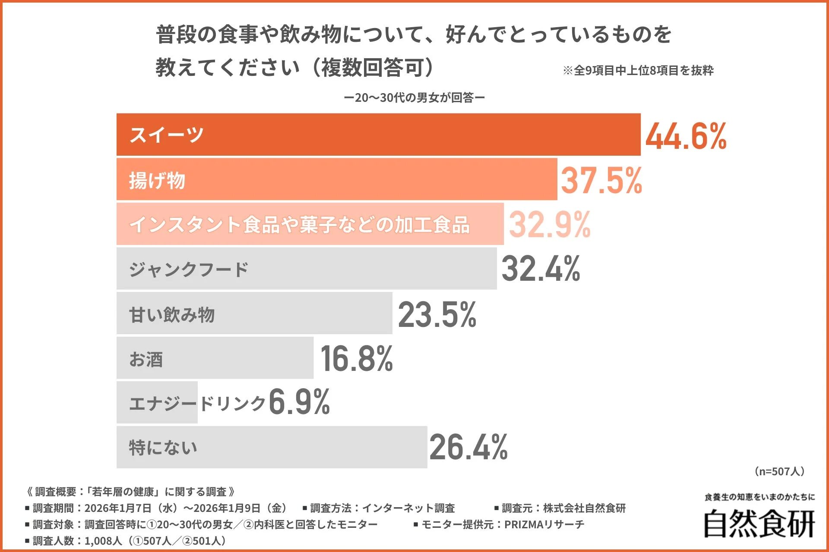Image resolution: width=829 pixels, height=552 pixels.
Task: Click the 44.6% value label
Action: coord(686,136)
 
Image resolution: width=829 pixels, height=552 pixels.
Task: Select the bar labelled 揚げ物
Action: coord(337,180)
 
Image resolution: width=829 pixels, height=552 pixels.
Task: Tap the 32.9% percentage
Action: coord(550,225)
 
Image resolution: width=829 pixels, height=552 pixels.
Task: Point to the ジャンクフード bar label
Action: coord(189,270)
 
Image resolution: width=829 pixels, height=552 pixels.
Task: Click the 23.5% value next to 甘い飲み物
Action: coord(437,314)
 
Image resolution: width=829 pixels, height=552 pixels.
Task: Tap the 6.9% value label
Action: coord(299,402)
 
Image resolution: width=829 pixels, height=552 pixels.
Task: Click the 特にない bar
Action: coord(272,448)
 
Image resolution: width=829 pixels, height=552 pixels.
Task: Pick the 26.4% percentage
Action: coord(468,448)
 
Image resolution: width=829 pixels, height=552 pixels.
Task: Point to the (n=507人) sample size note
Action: coord(779,471)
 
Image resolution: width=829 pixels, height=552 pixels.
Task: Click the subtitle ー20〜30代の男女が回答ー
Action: coord(414,98)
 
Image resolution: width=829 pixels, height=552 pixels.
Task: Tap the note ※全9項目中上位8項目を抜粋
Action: coord(638,70)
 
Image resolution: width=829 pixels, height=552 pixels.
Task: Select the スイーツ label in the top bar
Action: coord(166,135)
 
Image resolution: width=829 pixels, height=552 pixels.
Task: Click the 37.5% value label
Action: coord(601,180)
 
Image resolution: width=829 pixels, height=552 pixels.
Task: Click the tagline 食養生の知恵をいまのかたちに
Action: coord(759,497)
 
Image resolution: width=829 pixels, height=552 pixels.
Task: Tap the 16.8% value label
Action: coord(357,359)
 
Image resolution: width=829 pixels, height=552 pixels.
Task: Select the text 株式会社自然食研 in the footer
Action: coord(584,508)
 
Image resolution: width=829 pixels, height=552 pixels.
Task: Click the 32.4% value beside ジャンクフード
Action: coord(541,270)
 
